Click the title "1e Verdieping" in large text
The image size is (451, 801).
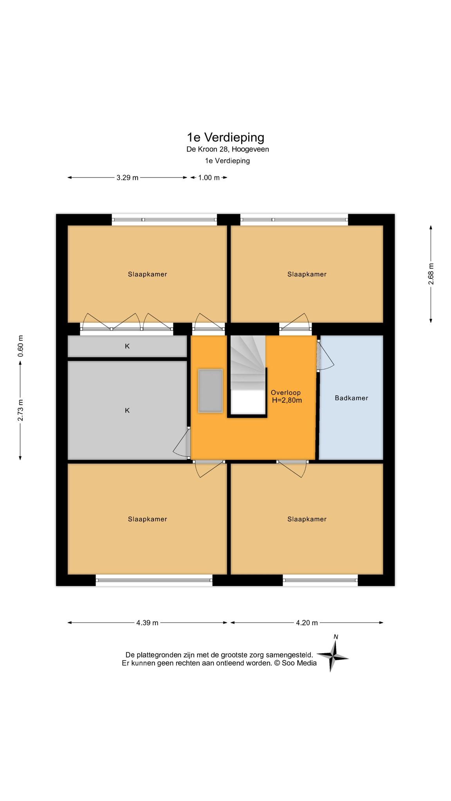[x=225, y=138]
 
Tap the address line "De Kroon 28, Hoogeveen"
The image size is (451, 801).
[x=227, y=149]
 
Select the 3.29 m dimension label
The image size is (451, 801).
[x=127, y=178]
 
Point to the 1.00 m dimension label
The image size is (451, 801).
[x=209, y=178]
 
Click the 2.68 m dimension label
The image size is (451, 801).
[x=431, y=274]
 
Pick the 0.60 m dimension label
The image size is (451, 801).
[x=21, y=346]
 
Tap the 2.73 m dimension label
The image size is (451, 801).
[x=21, y=410]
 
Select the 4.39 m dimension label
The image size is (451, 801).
[x=147, y=623]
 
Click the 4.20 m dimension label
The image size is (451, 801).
[x=307, y=623]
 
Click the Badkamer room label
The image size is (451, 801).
[x=351, y=398]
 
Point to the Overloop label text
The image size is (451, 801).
[x=286, y=393]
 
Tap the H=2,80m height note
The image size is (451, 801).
[x=287, y=400]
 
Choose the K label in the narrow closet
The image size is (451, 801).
[x=127, y=346]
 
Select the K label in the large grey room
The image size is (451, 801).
[x=127, y=410]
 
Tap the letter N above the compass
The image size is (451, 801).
[x=336, y=637]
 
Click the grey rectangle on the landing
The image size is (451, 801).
[x=211, y=391]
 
